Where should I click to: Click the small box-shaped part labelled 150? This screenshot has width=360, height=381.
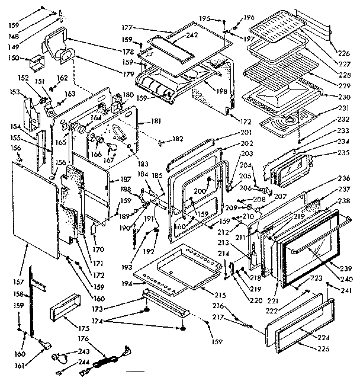click(34, 61)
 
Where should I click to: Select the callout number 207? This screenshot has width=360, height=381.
click(281, 196)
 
